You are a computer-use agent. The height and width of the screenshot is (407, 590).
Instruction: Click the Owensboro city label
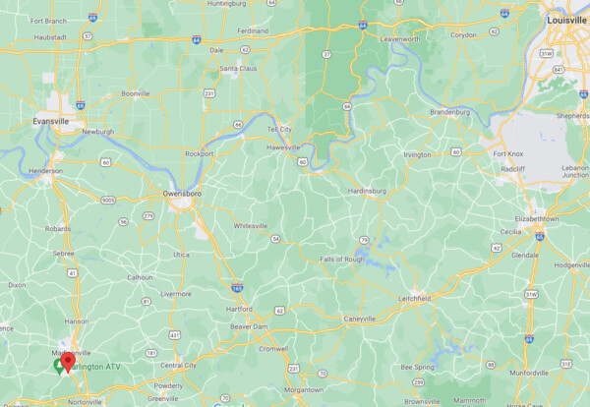coord(183,194)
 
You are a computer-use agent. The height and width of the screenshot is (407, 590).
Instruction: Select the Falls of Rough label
coord(344,259)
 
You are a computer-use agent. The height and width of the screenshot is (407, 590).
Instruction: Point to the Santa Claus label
coord(239,68)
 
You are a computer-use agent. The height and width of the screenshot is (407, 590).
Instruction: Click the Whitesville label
coord(250,225)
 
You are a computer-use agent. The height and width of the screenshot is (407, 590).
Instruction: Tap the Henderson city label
coord(45,170)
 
